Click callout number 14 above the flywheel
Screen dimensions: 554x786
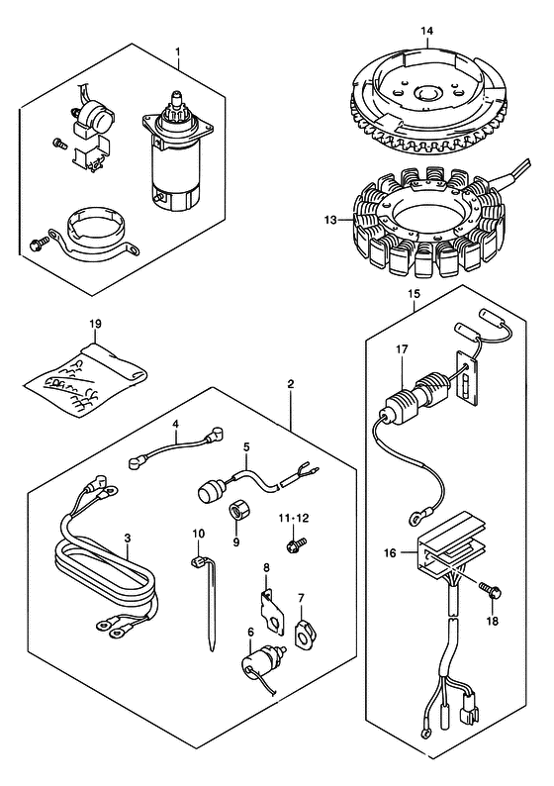426,31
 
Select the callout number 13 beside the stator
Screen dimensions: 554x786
331,220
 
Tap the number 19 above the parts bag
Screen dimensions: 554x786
95,324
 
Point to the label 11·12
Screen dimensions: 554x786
294,519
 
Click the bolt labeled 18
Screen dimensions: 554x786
491,592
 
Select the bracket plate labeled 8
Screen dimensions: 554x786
272,611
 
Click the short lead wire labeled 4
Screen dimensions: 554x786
176,443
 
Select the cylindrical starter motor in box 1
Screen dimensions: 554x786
173,150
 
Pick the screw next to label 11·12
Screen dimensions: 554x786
296,543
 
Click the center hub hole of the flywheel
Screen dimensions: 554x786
426,94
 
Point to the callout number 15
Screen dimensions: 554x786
414,294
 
